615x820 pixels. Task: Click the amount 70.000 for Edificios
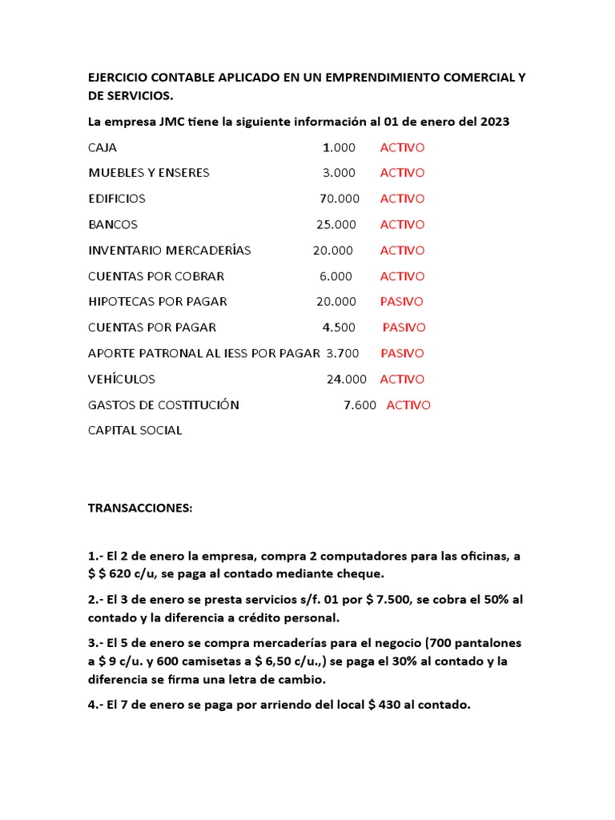[340, 199]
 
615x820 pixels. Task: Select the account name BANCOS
[113, 224]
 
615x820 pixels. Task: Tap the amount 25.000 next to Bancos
[336, 224]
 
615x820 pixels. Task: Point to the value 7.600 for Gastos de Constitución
[360, 405]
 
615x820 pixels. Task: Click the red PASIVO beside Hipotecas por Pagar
[402, 302]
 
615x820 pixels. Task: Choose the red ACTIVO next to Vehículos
[402, 380]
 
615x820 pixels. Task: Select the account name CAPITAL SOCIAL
[135, 431]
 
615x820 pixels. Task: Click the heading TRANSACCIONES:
[140, 508]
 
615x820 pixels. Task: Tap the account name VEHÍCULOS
[122, 380]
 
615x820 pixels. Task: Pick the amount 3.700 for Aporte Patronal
[343, 353]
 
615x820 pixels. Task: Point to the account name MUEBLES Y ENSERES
[149, 173]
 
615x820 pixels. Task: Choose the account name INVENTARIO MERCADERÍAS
[170, 251]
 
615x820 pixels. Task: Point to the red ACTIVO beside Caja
[402, 147]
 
